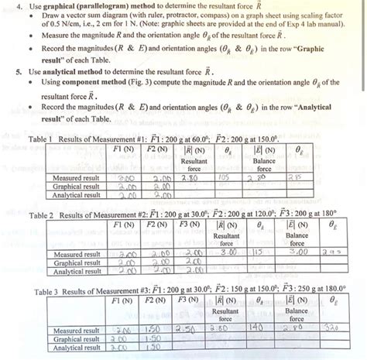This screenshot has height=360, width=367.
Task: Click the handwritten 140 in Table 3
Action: (252, 328)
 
